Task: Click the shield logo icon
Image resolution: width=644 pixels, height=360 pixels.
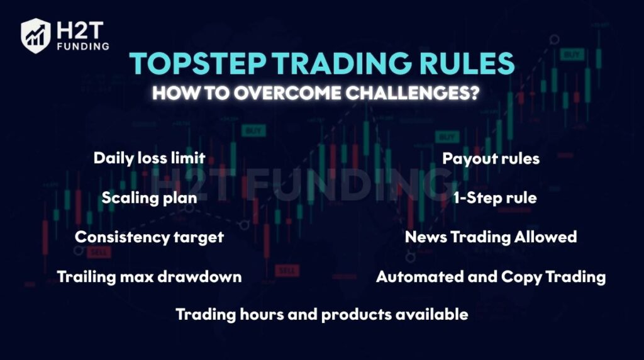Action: (x=36, y=36)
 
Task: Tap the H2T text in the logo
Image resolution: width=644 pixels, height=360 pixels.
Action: (x=80, y=30)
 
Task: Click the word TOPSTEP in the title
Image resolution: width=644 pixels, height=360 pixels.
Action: (x=197, y=64)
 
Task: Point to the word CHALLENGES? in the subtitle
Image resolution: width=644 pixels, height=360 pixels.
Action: (x=413, y=93)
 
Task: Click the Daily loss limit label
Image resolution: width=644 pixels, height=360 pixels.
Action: (x=150, y=158)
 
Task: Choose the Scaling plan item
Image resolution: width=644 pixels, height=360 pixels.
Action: (x=150, y=198)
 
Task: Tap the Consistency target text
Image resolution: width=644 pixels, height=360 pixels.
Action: (x=150, y=237)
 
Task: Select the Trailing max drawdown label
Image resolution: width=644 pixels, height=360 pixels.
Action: (x=150, y=276)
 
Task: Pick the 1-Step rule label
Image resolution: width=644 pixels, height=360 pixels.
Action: (x=495, y=198)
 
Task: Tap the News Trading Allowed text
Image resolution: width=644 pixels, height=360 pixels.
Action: (x=491, y=237)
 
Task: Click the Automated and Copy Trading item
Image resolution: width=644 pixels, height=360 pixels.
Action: (x=491, y=277)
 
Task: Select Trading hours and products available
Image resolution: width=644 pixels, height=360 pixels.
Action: (x=322, y=315)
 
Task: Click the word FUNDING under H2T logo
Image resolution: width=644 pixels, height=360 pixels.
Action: (x=84, y=47)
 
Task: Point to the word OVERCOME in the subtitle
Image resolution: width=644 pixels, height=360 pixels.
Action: (x=287, y=93)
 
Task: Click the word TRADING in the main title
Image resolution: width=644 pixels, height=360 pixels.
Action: (x=341, y=64)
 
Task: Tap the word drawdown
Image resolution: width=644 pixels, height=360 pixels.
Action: (x=199, y=276)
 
